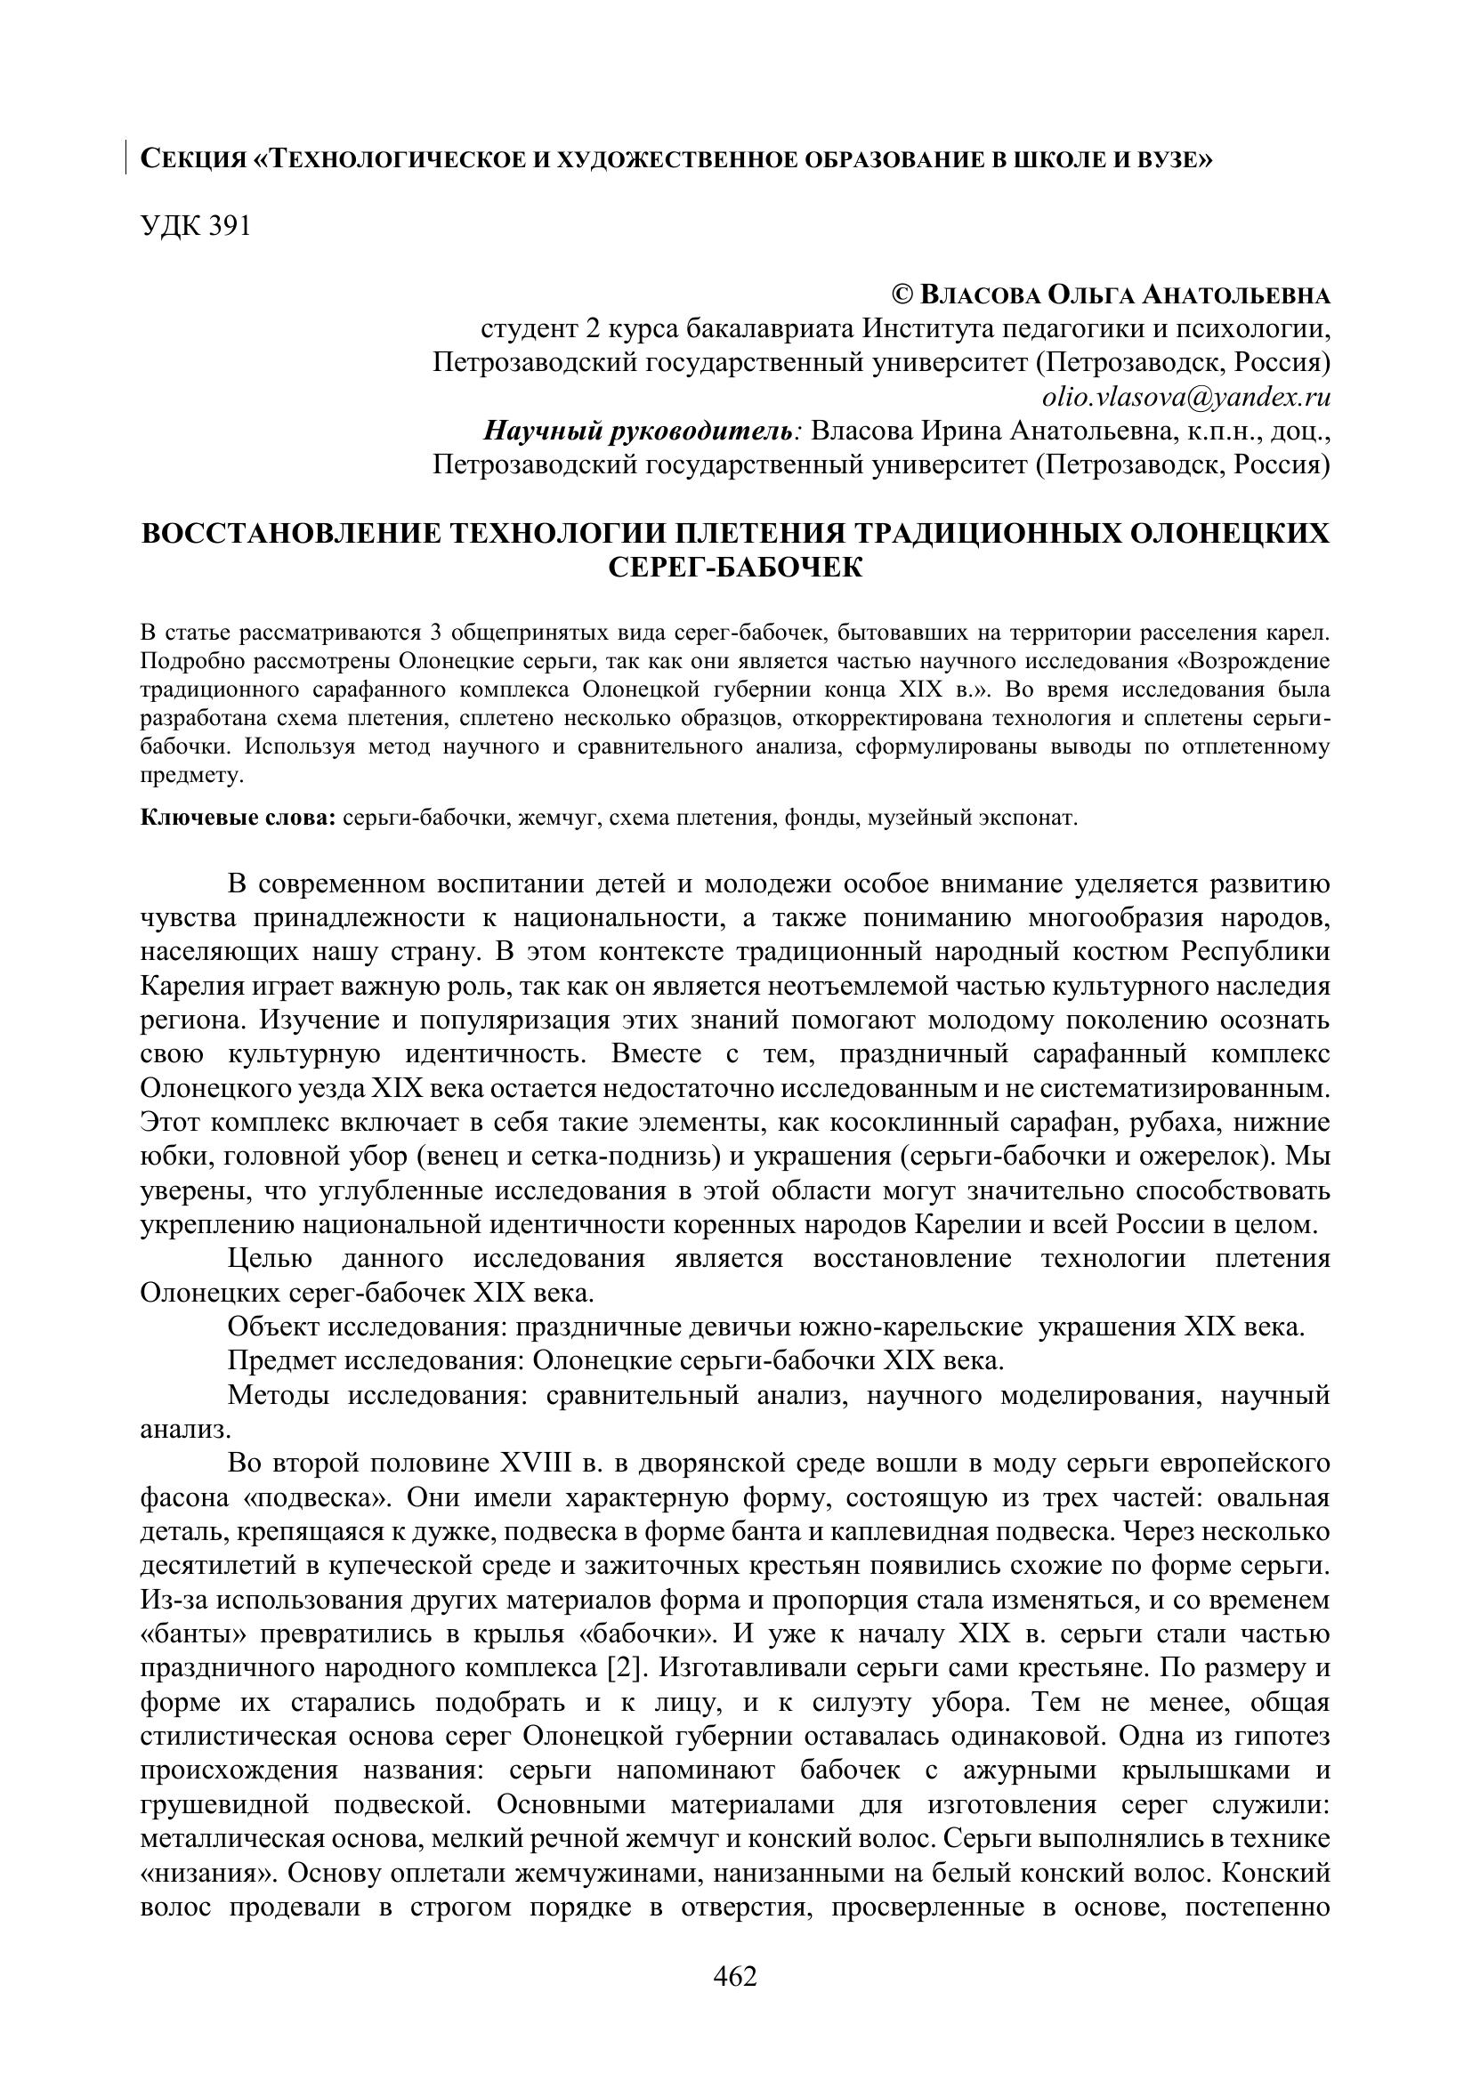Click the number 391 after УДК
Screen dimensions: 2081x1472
click(230, 227)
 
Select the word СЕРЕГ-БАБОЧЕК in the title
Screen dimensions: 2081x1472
click(735, 568)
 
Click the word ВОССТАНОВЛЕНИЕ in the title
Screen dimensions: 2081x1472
click(287, 533)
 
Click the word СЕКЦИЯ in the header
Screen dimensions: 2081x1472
click(192, 160)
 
